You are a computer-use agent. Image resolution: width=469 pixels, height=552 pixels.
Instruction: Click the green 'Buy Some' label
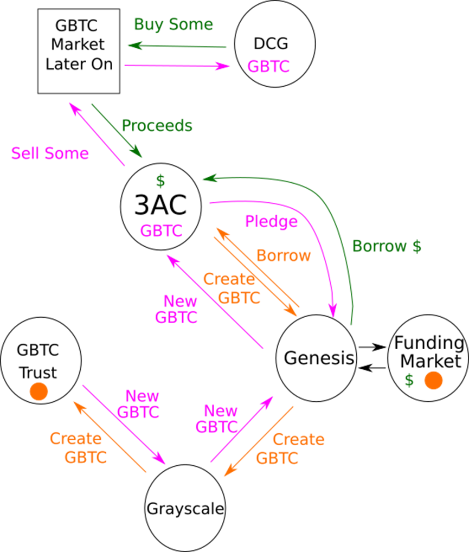click(174, 24)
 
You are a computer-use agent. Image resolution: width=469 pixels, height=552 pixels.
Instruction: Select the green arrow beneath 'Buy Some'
click(176, 46)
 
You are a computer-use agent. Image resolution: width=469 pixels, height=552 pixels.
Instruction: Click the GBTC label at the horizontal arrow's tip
click(268, 67)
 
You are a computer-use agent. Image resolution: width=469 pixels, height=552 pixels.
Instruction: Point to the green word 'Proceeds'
click(157, 126)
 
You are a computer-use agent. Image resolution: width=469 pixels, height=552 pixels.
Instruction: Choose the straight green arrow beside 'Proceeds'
click(117, 131)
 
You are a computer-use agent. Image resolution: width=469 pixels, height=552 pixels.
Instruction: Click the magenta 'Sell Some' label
click(50, 154)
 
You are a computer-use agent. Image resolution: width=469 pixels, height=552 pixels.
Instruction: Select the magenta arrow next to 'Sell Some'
click(97, 133)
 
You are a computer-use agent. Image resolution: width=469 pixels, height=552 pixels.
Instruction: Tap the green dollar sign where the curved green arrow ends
click(160, 181)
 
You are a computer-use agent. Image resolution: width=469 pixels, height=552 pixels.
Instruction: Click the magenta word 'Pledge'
click(271, 221)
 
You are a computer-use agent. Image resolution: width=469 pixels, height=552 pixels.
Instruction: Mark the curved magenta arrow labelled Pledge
click(304, 217)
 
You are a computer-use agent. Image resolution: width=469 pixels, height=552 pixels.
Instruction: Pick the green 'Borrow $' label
click(386, 246)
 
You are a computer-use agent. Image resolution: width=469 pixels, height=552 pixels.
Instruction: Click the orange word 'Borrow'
click(284, 256)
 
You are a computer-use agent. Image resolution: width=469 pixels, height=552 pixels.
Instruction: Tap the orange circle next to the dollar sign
click(434, 381)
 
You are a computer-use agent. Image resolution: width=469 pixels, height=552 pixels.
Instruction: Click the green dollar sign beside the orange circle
click(409, 381)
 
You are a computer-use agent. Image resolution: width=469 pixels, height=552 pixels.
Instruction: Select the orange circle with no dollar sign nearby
click(38, 391)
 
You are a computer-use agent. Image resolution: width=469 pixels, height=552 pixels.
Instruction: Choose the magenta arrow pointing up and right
click(242, 429)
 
